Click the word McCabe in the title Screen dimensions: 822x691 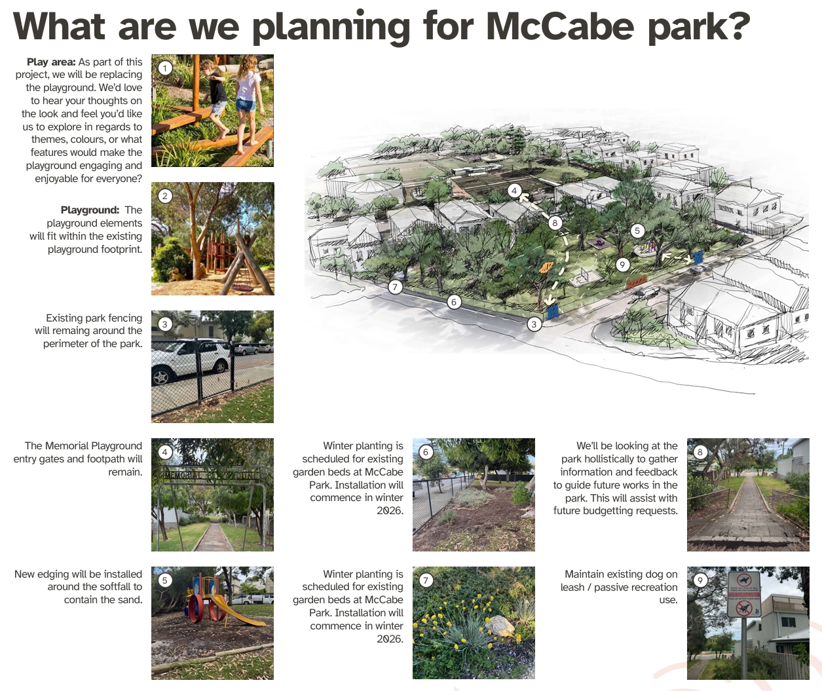pyautogui.click(x=560, y=26)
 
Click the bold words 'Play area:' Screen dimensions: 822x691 pyautogui.click(x=51, y=62)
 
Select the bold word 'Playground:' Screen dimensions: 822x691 pyautogui.click(x=90, y=210)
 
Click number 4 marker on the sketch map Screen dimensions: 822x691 pyautogui.click(x=514, y=191)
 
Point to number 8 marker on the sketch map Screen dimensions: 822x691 pyautogui.click(x=555, y=223)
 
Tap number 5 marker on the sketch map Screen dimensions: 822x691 pyautogui.click(x=637, y=231)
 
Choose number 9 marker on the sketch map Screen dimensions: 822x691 pyautogui.click(x=622, y=265)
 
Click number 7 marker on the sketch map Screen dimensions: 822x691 pyautogui.click(x=395, y=287)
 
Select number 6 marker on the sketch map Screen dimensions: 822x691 pyautogui.click(x=453, y=302)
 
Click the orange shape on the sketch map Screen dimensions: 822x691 pyautogui.click(x=546, y=268)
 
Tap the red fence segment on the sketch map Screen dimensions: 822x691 pyautogui.click(x=637, y=282)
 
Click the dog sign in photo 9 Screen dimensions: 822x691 pyautogui.click(x=743, y=595)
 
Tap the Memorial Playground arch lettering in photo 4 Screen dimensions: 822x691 pyautogui.click(x=212, y=476)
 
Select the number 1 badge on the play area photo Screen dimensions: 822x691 pyautogui.click(x=165, y=68)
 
